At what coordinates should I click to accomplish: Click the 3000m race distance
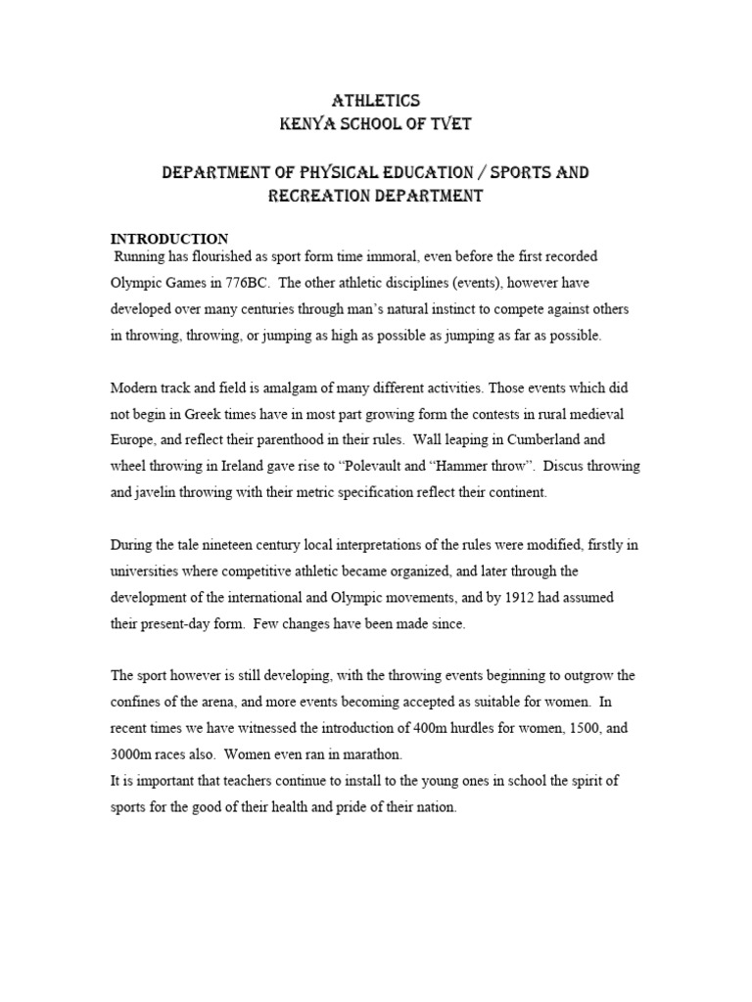click(x=133, y=755)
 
